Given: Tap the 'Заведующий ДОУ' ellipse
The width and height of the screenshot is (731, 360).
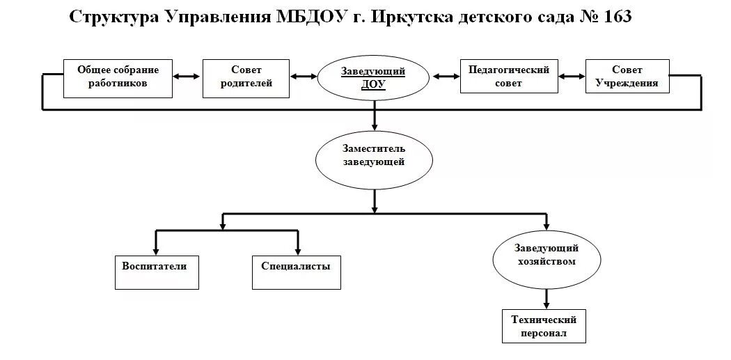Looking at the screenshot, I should (x=373, y=77).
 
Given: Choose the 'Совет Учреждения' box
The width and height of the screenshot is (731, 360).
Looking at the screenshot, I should (x=627, y=77).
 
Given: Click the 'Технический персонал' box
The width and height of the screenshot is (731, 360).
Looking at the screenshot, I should (x=544, y=326).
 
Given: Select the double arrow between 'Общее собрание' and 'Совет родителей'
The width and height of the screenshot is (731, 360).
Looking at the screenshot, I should (x=187, y=76).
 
